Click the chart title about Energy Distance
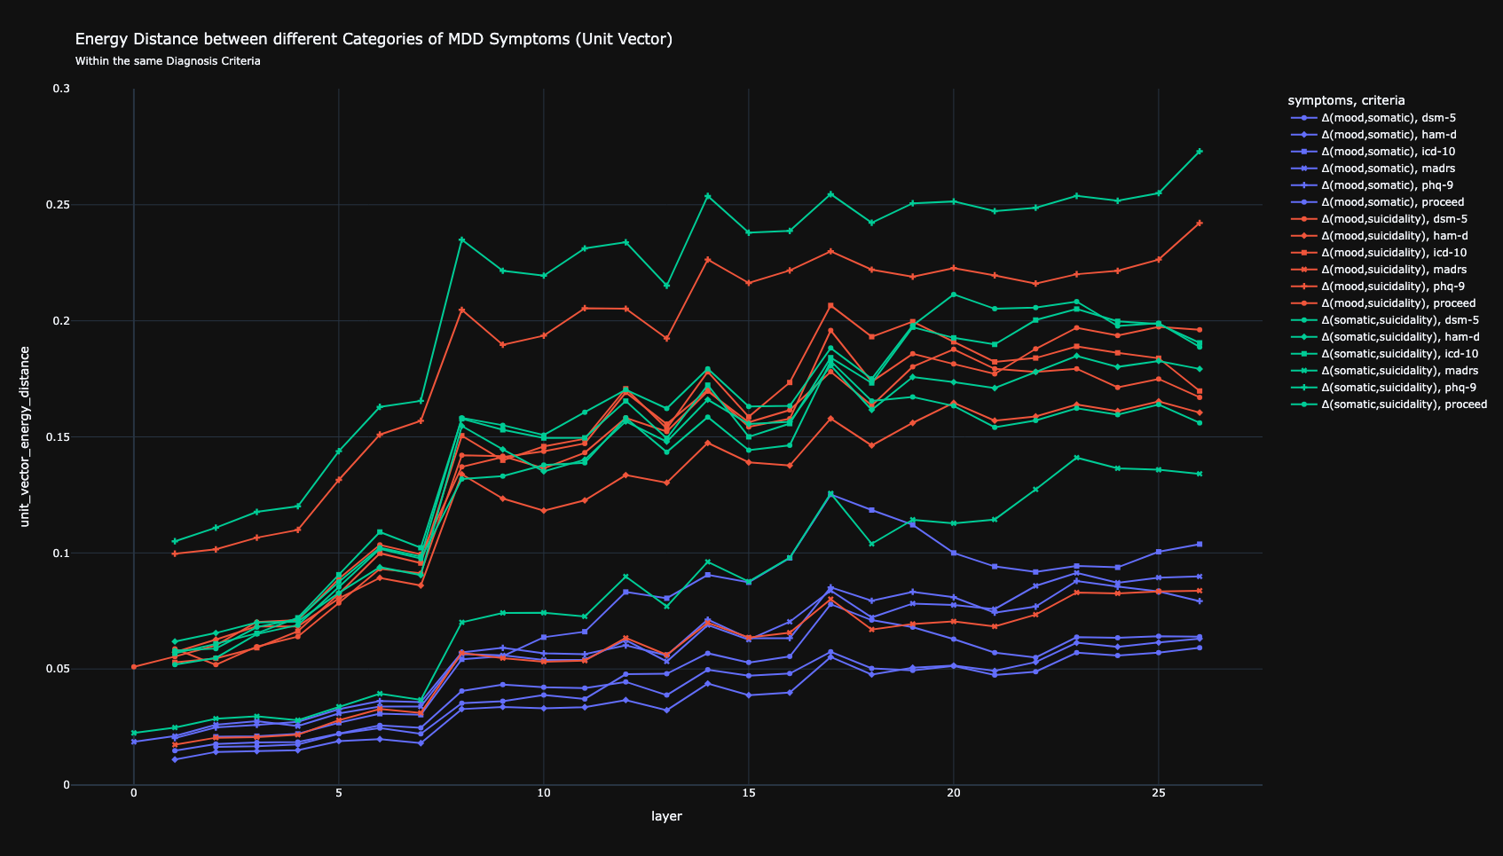(374, 39)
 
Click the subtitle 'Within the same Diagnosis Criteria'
(168, 61)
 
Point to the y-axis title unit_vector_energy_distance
(25, 436)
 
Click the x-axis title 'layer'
(666, 816)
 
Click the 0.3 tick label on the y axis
(61, 89)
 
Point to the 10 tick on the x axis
(543, 792)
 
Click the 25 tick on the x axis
(1158, 792)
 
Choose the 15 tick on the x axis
(748, 792)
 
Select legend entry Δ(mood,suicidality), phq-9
(1393, 286)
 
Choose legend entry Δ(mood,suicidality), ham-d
(1392, 235)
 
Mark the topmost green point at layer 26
(1200, 152)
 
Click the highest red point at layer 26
(1200, 224)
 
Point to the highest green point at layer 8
(461, 240)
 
